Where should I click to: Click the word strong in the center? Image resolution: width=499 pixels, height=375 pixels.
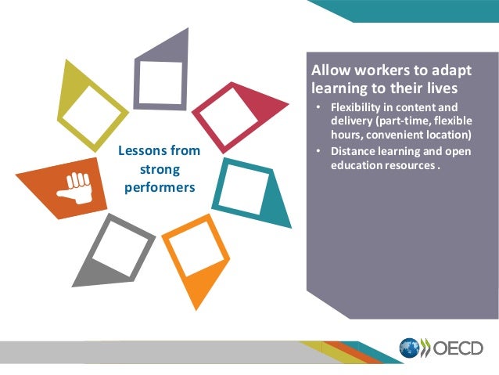click(x=158, y=169)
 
